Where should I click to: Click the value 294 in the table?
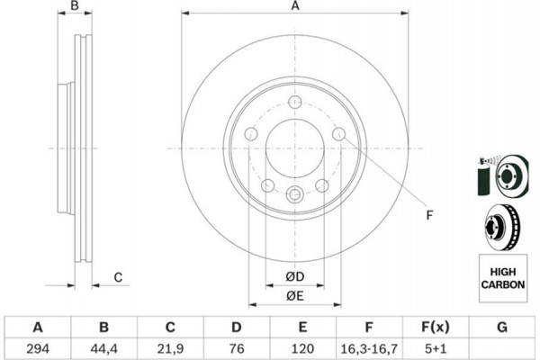(38, 346)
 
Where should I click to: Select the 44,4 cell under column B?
(103, 346)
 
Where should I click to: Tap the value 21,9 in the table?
(170, 346)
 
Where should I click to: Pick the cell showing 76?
(237, 346)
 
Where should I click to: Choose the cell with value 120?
(303, 346)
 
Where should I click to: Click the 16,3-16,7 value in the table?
(370, 346)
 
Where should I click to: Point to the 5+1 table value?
(436, 346)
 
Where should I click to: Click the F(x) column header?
(436, 326)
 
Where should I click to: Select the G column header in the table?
(502, 326)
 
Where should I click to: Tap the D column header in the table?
(237, 326)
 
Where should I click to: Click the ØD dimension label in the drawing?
(294, 275)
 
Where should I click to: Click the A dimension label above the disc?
(294, 7)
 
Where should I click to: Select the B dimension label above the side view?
(76, 7)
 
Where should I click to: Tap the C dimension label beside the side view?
(118, 277)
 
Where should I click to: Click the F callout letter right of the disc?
(429, 213)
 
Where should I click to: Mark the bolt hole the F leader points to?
(338, 135)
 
